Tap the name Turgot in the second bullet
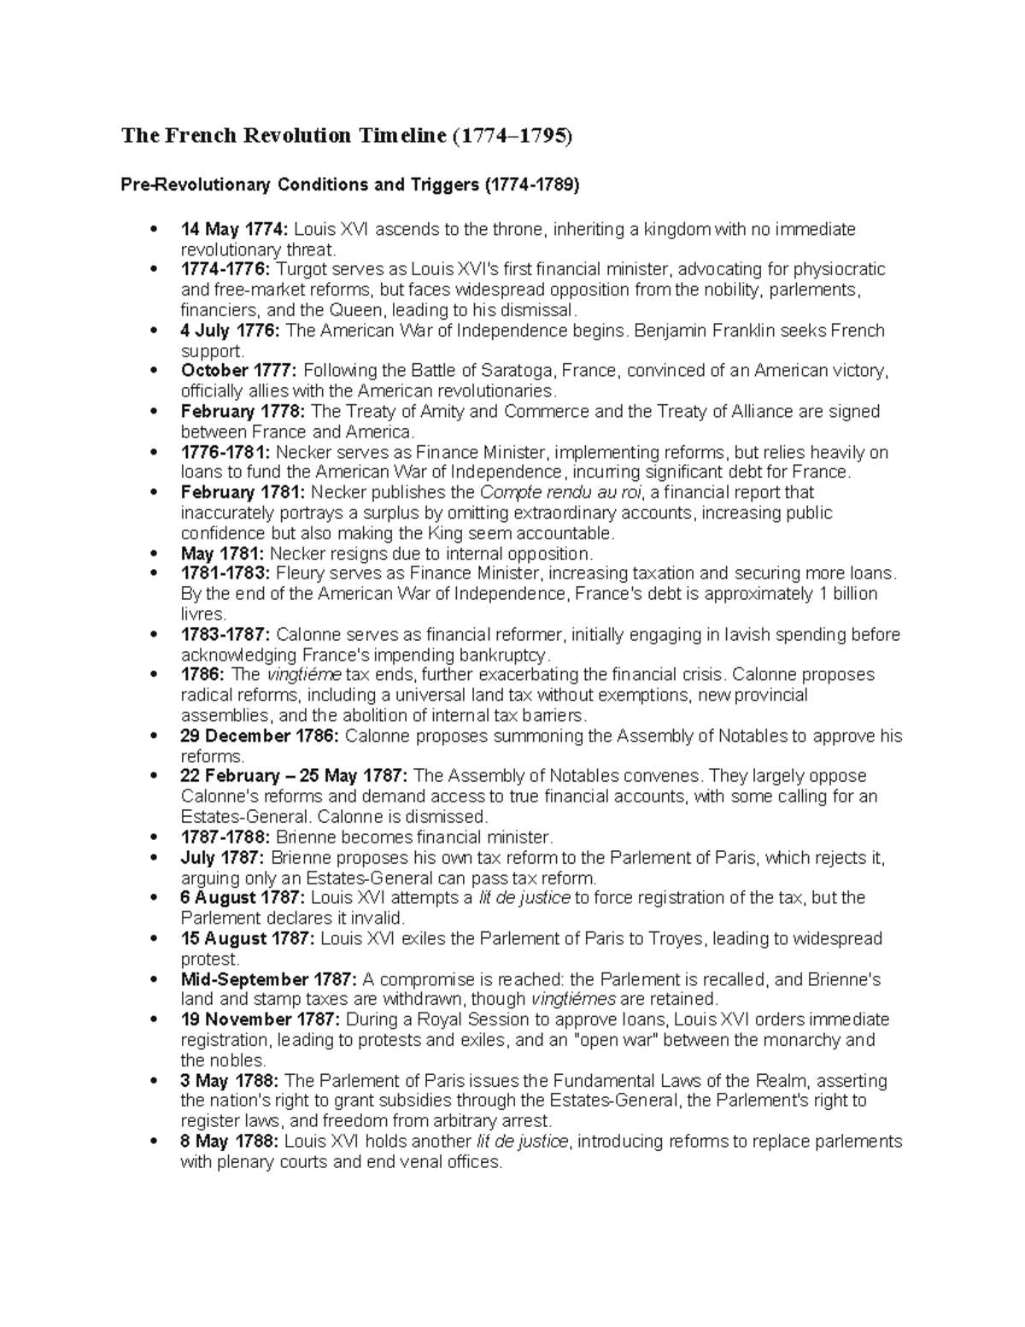click(302, 269)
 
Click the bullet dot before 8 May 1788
click(154, 1142)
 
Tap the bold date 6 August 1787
click(242, 898)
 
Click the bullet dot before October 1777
click(154, 371)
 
